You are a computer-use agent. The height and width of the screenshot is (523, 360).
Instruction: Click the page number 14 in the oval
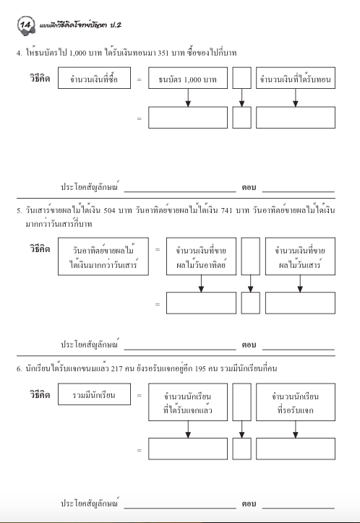[x=27, y=27]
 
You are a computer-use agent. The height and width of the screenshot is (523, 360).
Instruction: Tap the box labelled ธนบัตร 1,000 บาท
[x=187, y=79]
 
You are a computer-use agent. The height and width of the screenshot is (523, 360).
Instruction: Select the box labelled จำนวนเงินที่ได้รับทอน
[x=295, y=79]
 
